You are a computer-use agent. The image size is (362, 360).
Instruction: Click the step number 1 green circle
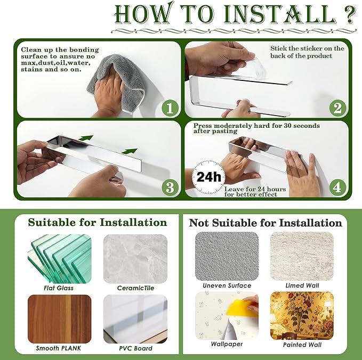coord(170,108)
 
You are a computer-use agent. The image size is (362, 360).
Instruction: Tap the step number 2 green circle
coord(337,108)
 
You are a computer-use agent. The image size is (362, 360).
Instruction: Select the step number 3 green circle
coord(170,187)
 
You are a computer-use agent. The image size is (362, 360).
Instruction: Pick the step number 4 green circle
coord(337,187)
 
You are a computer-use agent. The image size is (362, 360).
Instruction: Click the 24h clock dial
coord(208,177)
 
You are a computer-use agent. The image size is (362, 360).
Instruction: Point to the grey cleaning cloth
coord(118,82)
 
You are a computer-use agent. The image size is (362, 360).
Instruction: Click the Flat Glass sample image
coord(60,259)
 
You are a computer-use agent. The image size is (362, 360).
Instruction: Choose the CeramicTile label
coord(135,288)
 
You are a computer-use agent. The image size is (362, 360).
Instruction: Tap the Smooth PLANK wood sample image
coord(60,319)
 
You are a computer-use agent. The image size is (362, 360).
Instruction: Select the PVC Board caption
coord(135,348)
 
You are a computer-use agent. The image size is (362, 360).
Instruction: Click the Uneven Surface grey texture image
coord(227,256)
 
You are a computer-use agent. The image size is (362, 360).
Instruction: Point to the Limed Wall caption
coord(302,285)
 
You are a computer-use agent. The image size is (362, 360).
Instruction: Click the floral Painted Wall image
coord(302,316)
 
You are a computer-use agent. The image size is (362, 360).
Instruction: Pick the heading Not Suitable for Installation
coord(266,223)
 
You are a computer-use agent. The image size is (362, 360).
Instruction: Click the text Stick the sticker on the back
coord(307,52)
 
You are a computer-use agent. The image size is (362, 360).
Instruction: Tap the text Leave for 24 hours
coord(255,189)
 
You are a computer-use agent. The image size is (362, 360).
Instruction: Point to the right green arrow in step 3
coord(130,151)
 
